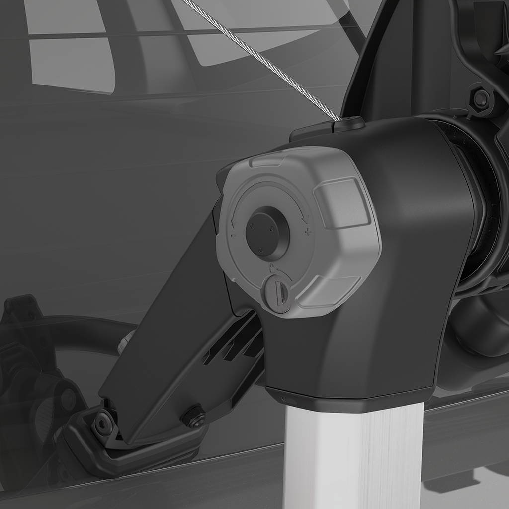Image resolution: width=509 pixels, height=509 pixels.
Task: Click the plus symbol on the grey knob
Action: click(308, 231)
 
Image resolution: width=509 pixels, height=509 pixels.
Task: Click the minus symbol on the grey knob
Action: click(233, 234)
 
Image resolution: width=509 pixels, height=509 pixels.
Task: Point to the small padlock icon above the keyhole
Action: click(271, 268)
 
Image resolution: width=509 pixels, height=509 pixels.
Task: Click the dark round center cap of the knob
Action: click(267, 233)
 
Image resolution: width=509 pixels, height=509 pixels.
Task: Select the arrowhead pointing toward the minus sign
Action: click(232, 222)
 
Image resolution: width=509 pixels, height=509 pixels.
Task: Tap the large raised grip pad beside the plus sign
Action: click(342, 203)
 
